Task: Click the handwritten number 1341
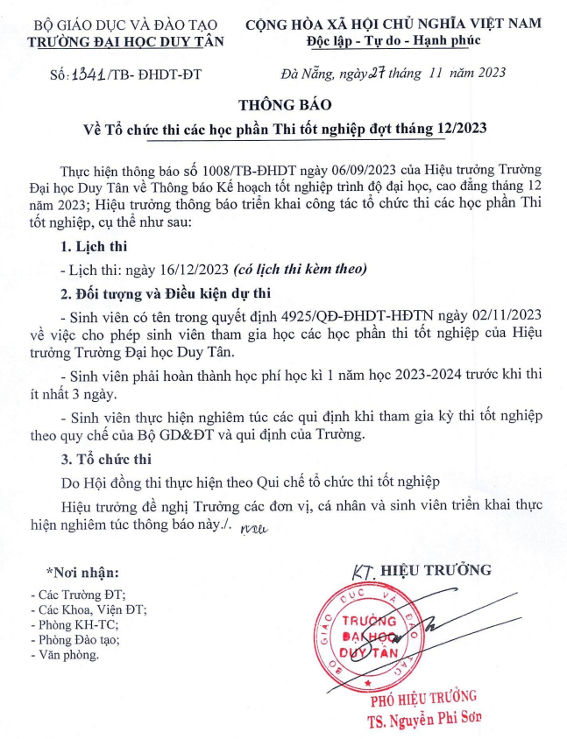click(x=89, y=74)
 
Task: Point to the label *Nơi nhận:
click(x=82, y=574)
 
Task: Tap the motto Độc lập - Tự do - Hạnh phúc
click(x=406, y=41)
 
